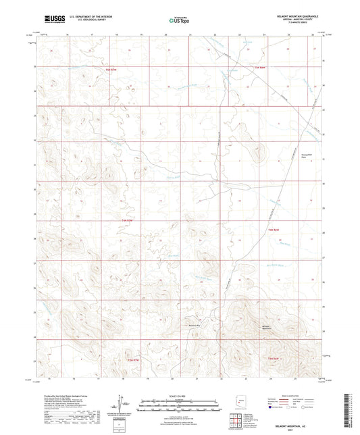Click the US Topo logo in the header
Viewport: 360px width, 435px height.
coord(179,21)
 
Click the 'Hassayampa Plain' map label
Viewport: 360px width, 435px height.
coord(307,155)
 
